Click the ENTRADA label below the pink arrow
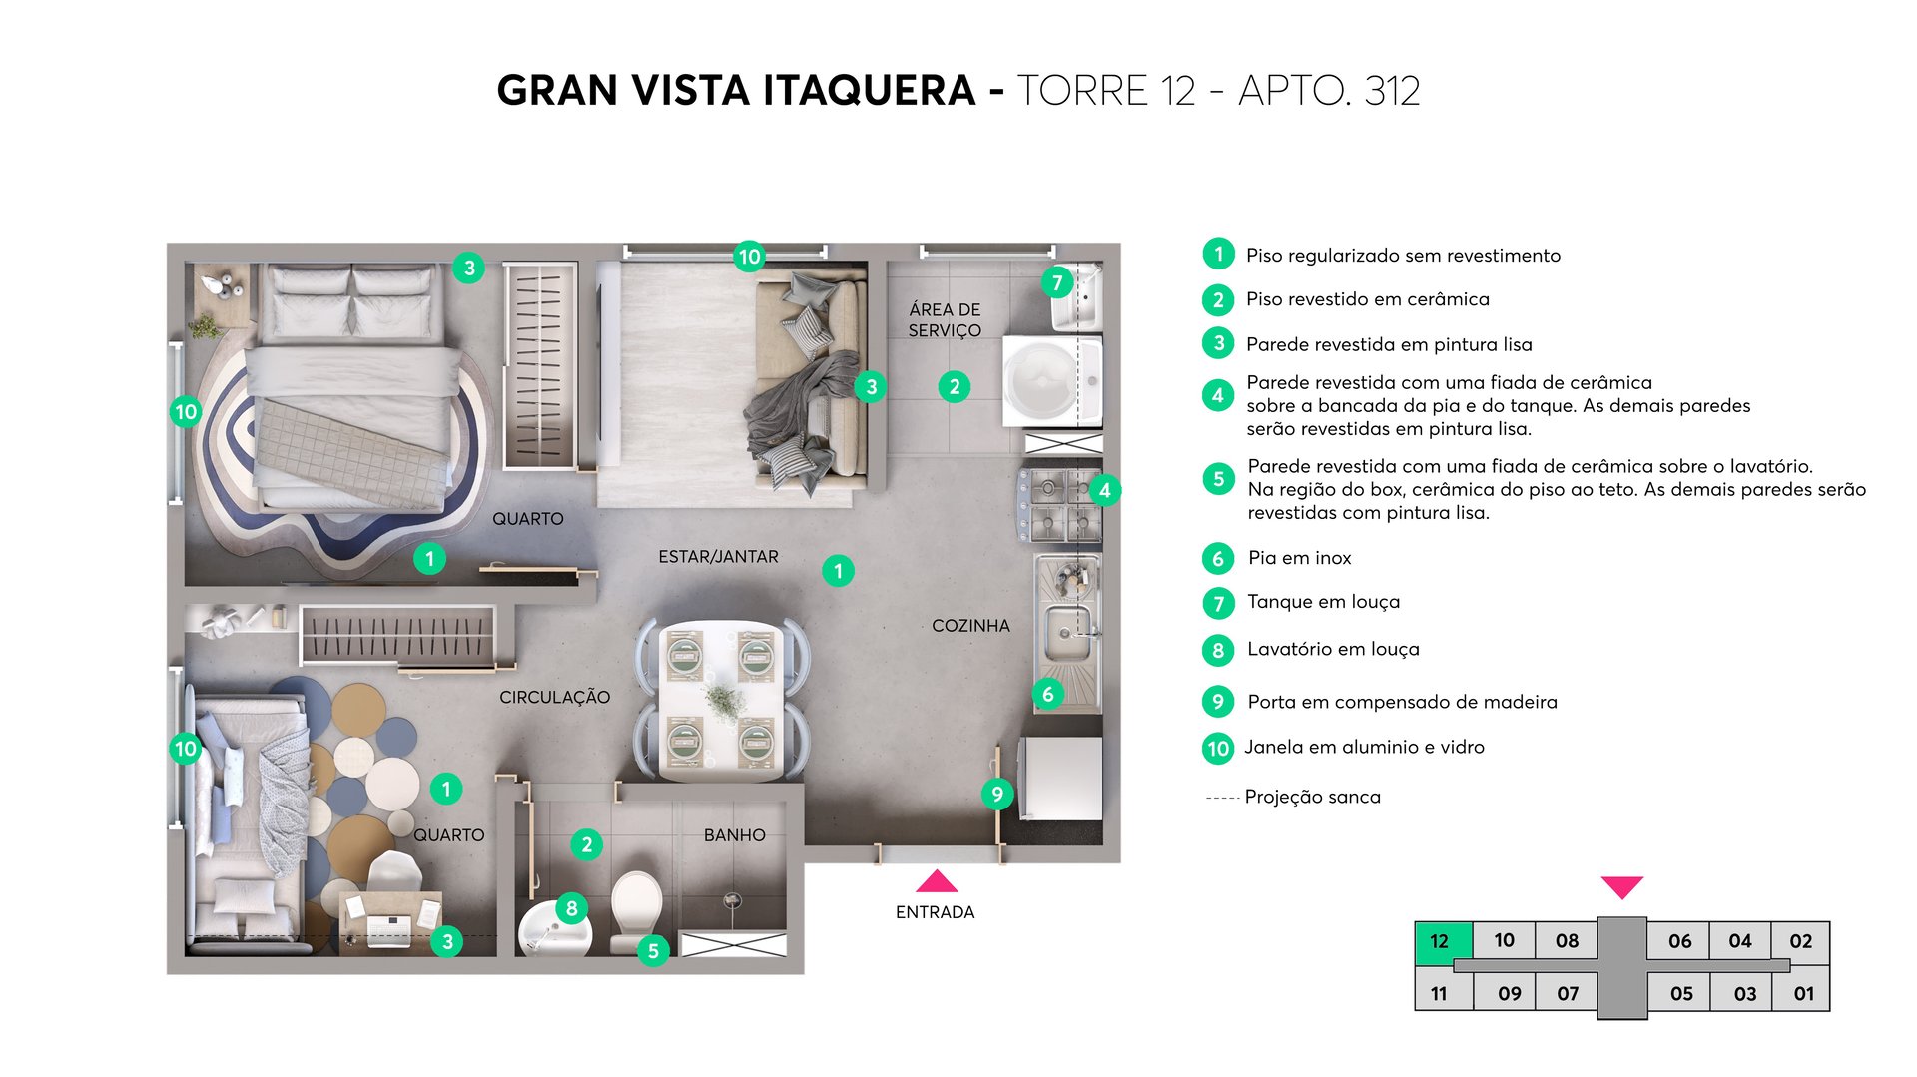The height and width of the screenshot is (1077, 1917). tap(935, 912)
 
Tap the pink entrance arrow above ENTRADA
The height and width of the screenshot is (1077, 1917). tap(936, 881)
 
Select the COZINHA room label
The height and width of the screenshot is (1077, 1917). tap(970, 626)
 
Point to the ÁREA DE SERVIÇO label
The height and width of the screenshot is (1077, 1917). tap(945, 320)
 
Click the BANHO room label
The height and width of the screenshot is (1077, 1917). tap(734, 835)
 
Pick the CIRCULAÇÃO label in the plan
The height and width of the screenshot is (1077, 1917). tap(554, 697)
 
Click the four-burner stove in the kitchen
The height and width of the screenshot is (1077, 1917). tap(1060, 505)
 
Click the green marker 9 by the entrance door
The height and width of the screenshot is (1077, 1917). tap(996, 794)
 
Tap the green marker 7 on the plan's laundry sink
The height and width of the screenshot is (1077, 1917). tap(1057, 282)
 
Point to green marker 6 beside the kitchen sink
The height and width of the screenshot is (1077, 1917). tap(1047, 694)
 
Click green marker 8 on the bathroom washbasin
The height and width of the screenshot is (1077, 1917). tap(571, 908)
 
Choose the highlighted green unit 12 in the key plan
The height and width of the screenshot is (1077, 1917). tap(1439, 941)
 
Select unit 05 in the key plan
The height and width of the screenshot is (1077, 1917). tap(1681, 993)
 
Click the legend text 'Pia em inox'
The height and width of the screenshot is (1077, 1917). tap(1299, 558)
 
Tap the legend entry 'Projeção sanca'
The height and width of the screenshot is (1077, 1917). tap(1312, 797)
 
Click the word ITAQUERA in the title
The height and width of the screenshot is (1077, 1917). tap(869, 91)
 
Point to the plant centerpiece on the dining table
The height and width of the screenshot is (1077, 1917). tap(723, 700)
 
